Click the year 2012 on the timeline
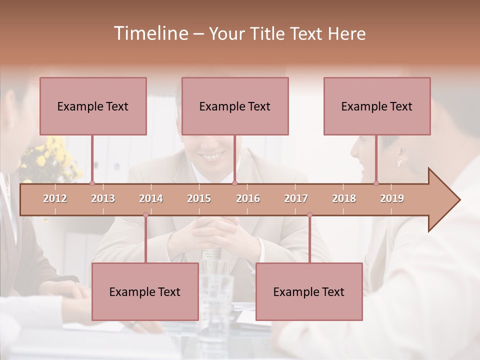[x=55, y=198]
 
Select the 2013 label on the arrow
[x=103, y=198]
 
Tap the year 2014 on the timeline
[x=151, y=198]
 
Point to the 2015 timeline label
[x=199, y=198]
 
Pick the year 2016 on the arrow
[x=248, y=198]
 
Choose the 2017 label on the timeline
[x=296, y=198]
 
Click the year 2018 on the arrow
[x=344, y=198]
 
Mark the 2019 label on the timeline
[x=392, y=198]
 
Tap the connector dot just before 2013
[x=92, y=183]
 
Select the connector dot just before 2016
[x=234, y=183]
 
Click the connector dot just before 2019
[x=376, y=183]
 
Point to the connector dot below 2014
[x=145, y=214]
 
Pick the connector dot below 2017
[x=309, y=214]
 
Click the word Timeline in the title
[x=150, y=33]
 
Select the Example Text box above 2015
[x=235, y=106]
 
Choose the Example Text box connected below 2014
[x=145, y=291]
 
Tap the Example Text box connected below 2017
[x=309, y=291]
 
